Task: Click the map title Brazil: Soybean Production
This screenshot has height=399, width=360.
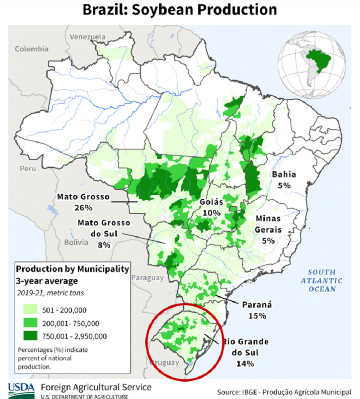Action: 180,10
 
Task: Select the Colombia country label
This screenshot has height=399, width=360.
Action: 32,49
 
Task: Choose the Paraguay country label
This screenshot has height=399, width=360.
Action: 147,278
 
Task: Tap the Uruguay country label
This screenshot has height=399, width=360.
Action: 164,363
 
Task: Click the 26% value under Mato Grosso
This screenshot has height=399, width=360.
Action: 83,208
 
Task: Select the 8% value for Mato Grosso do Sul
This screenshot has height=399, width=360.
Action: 104,245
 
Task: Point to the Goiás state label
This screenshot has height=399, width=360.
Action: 212,202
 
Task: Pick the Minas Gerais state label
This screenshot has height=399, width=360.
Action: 268,224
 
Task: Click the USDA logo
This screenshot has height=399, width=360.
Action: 21,389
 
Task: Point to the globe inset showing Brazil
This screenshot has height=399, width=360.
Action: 312,66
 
